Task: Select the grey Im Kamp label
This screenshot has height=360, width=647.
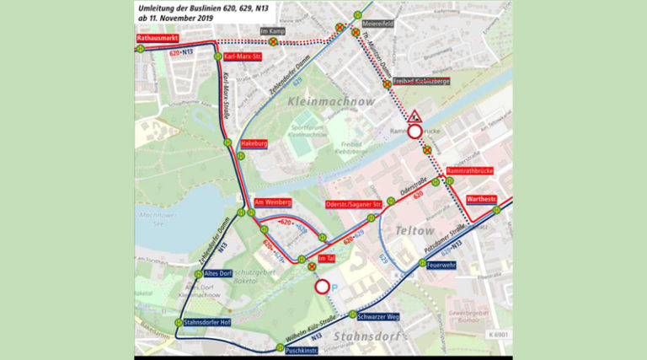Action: [274, 31]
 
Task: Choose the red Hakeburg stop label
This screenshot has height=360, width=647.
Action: [254, 144]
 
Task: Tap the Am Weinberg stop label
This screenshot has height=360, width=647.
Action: [272, 203]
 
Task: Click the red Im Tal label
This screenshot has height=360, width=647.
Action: [327, 258]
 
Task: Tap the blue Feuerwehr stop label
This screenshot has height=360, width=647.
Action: [441, 265]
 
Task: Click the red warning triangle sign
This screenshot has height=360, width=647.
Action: [415, 116]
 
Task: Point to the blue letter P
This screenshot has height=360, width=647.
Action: [335, 288]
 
